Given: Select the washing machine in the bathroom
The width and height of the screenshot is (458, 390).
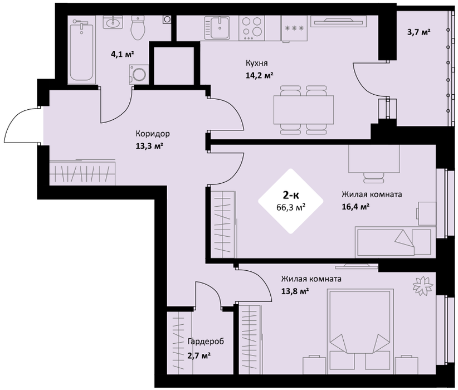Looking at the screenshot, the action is click(139, 74).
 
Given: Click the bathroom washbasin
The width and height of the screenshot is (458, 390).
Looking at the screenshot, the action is click(113, 22).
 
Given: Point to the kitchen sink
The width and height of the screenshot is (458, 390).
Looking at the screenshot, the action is click(217, 28).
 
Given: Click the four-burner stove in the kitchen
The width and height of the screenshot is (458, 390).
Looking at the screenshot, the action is click(252, 28).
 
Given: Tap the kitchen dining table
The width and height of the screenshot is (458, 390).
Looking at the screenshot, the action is click(304, 110).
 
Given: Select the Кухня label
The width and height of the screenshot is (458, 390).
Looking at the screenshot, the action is click(256, 63).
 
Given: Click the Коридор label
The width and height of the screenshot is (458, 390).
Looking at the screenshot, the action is click(153, 134).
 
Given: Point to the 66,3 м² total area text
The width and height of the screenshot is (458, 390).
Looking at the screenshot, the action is click(291, 207).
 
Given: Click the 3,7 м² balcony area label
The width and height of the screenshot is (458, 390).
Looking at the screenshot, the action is click(419, 32).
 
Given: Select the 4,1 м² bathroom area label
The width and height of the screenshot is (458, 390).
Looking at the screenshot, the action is click(123, 54).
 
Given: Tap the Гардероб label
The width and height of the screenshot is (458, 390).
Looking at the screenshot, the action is click(206, 341).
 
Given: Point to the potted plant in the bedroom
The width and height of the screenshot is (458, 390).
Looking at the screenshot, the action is click(423, 285).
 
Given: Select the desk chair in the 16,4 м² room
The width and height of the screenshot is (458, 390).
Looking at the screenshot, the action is click(374, 178).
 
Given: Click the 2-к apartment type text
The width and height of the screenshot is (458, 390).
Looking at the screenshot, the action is click(291, 194).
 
